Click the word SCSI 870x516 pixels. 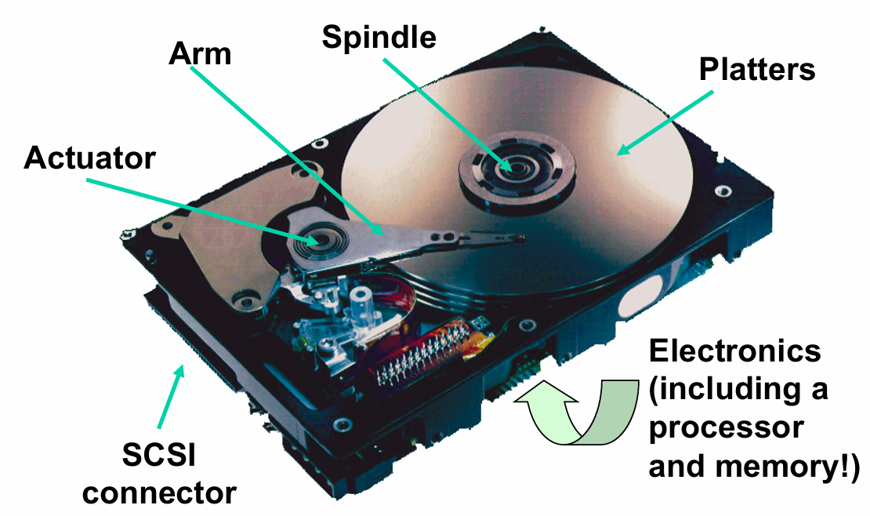point(159,458)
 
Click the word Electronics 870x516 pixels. point(735,351)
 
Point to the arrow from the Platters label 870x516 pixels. point(666,121)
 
